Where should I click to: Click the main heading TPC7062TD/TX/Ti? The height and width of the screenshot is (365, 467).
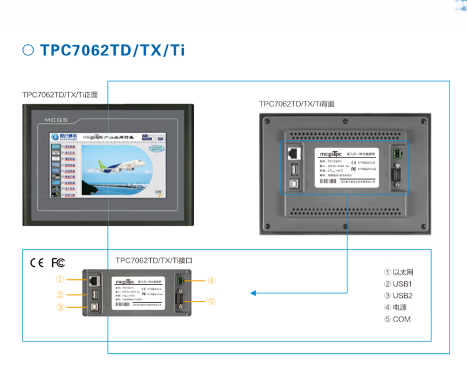coord(112,50)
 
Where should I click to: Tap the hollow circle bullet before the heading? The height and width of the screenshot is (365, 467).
coord(28,50)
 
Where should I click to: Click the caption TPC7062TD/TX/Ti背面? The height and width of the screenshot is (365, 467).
coord(296,104)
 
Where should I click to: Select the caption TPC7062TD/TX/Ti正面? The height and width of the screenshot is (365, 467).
coord(60,95)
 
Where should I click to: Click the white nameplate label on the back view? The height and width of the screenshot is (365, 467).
coord(345,165)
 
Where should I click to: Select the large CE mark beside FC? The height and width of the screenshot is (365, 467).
coord(37,262)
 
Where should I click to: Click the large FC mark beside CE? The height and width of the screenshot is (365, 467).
coord(58,262)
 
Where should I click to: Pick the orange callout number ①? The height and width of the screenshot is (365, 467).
coord(60,279)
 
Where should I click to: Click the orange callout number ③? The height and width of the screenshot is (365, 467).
coord(60,307)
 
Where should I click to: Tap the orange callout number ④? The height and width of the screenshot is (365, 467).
coord(211,280)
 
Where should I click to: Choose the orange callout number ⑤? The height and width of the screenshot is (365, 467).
coord(211,302)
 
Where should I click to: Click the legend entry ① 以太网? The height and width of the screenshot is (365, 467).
coord(399,272)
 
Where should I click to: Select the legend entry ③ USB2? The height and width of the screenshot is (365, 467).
coord(399,296)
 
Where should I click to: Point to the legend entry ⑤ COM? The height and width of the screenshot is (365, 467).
coord(397,319)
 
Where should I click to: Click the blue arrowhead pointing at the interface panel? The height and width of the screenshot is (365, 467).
coord(253,293)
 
